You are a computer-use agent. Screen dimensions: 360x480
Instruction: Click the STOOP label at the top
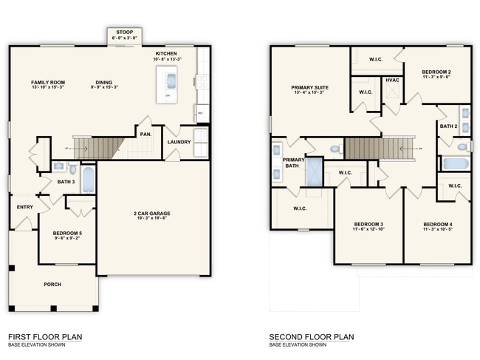click(125, 33)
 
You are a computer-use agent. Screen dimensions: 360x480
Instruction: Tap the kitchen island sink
click(170, 80)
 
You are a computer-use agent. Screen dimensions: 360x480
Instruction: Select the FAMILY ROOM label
click(48, 82)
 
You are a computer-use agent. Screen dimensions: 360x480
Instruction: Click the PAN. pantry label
click(145, 135)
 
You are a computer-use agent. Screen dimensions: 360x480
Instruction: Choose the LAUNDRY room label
click(179, 142)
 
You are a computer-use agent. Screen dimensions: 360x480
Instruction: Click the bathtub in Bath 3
click(87, 179)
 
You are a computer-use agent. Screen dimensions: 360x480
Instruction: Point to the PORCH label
click(52, 285)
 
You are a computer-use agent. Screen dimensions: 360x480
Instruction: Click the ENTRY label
click(24, 207)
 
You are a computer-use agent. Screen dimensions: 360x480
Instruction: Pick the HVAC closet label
click(392, 80)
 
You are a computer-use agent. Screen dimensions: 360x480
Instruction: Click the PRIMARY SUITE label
click(310, 87)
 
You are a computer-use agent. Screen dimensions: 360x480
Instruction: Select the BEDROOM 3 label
click(368, 224)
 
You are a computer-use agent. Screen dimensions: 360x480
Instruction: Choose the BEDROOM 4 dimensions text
click(439, 229)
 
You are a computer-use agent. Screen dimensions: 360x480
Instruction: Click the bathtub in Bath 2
click(456, 163)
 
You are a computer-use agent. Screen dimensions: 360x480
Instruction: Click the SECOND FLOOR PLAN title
click(311, 337)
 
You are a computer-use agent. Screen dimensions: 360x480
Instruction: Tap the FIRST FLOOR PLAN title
click(45, 337)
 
